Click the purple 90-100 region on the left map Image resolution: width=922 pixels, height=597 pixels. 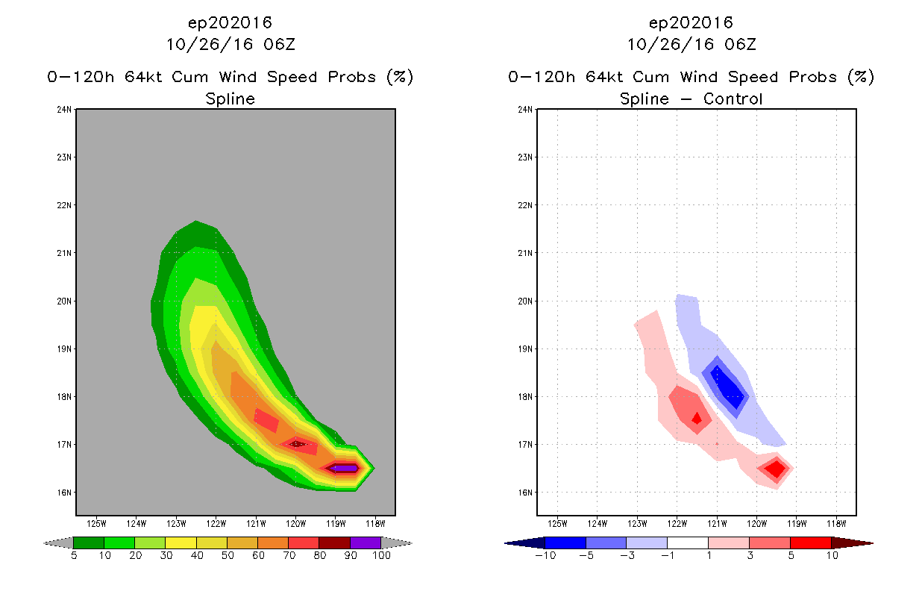click(x=345, y=468)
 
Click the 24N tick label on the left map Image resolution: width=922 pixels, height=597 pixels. click(x=64, y=110)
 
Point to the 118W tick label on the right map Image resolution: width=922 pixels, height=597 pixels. click(x=836, y=524)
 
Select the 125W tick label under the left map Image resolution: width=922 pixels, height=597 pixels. click(x=96, y=524)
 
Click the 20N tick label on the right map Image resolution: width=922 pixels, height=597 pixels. click(x=525, y=301)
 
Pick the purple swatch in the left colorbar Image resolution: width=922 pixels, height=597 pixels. click(x=366, y=543)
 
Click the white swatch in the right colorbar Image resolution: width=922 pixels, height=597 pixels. click(x=687, y=543)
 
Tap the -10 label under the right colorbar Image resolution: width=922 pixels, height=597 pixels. click(x=545, y=556)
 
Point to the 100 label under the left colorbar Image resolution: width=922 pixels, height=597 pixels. click(x=381, y=556)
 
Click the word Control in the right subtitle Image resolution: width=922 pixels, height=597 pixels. click(x=733, y=99)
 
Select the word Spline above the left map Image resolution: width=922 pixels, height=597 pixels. click(x=230, y=99)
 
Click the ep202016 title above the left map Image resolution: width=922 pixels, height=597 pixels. click(x=230, y=23)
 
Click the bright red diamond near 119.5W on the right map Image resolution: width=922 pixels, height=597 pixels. click(x=777, y=469)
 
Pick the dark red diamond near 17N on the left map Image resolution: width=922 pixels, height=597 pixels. click(x=297, y=444)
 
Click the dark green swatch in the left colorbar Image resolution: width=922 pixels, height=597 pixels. click(x=89, y=543)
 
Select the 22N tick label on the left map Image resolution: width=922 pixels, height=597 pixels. click(x=64, y=205)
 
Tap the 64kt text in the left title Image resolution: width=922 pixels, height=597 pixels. click(x=142, y=77)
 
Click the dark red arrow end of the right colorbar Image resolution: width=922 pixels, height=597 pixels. click(x=852, y=543)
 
